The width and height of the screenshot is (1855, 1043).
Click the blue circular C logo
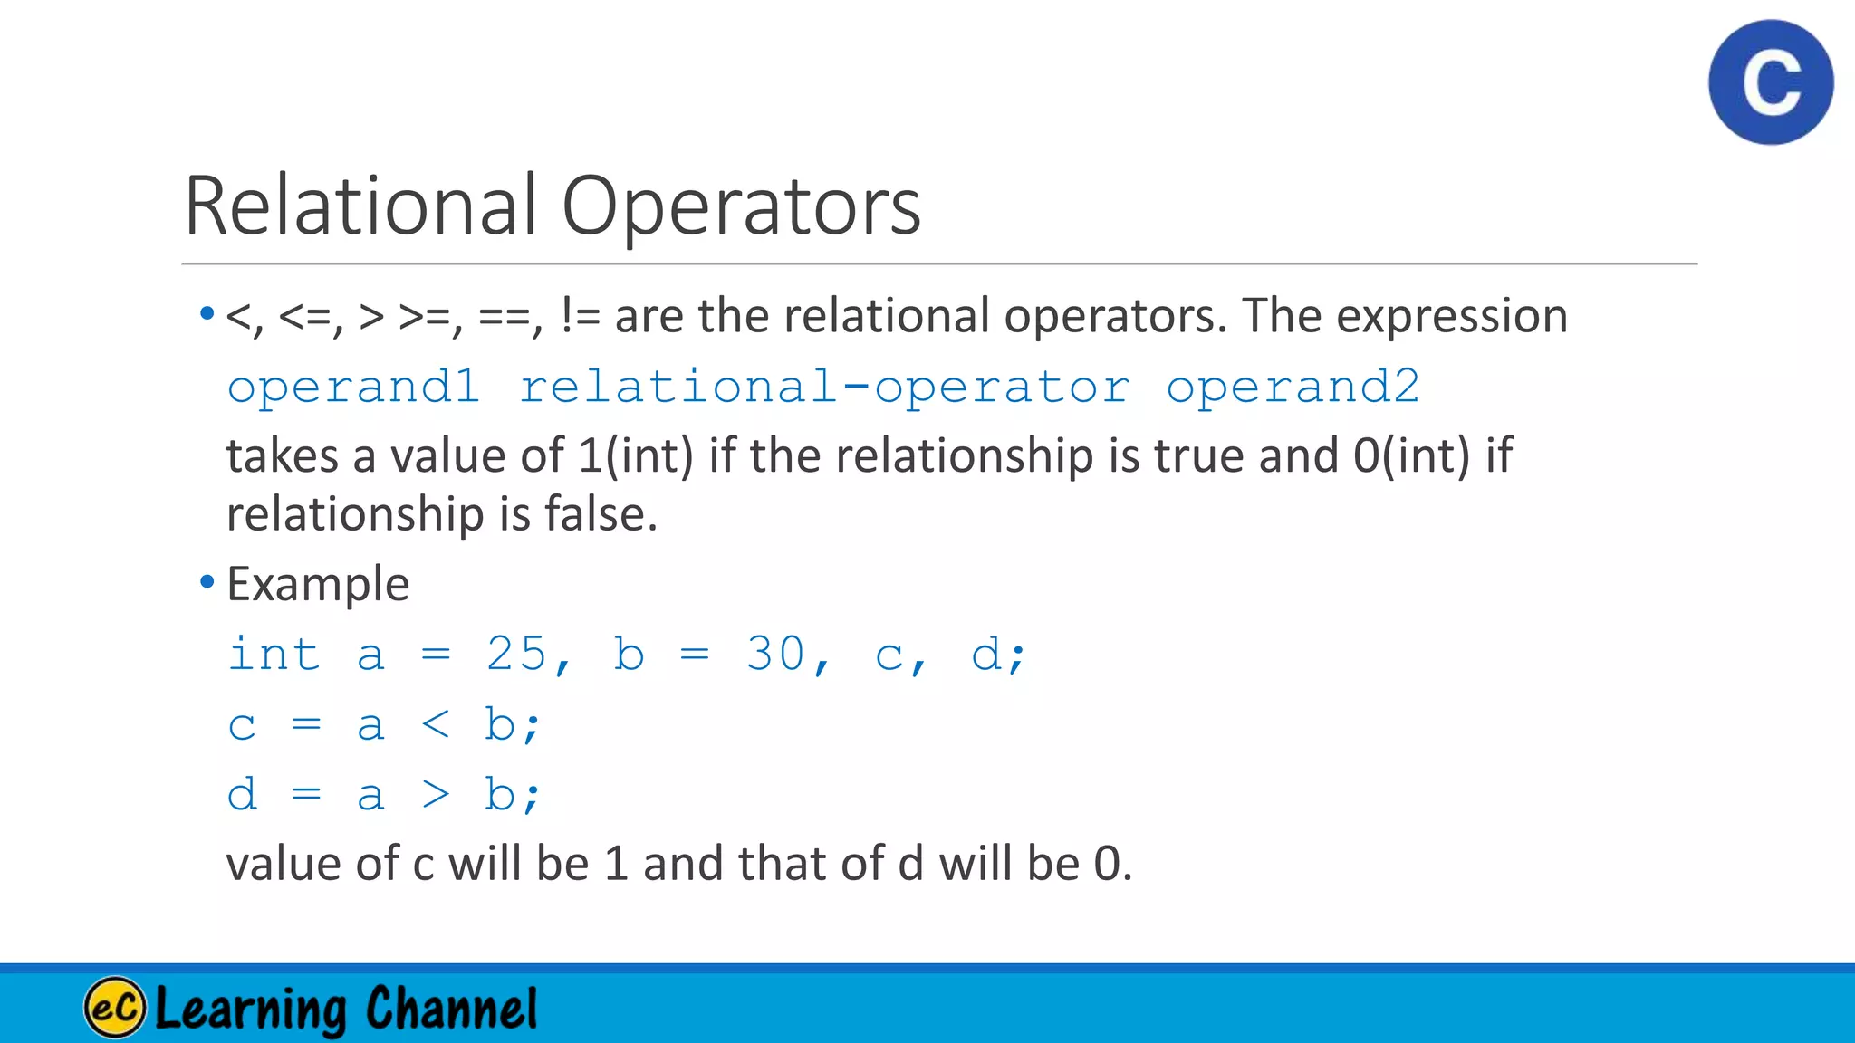[1771, 82]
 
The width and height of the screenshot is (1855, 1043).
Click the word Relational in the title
[360, 206]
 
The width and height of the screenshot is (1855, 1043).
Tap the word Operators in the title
[741, 206]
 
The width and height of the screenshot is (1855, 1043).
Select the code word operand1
[353, 388]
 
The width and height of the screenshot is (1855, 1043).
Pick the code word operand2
[1293, 388]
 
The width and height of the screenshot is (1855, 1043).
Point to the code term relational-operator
[824, 388]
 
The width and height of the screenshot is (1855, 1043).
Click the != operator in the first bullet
[580, 316]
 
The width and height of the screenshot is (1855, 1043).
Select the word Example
[318, 584]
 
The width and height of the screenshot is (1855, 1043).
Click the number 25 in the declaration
[516, 654]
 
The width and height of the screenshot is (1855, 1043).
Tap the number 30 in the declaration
[775, 654]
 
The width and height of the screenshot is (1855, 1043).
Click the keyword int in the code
[274, 654]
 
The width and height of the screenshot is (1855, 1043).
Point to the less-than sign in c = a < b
[436, 724]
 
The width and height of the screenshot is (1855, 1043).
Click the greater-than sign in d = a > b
[436, 795]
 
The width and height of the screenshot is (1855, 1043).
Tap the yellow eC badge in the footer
[115, 1007]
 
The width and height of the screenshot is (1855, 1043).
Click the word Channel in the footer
[451, 1009]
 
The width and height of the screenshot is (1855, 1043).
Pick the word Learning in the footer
[251, 1009]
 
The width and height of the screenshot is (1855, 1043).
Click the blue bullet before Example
[207, 581]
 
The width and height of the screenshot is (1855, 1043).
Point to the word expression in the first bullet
[1452, 316]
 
